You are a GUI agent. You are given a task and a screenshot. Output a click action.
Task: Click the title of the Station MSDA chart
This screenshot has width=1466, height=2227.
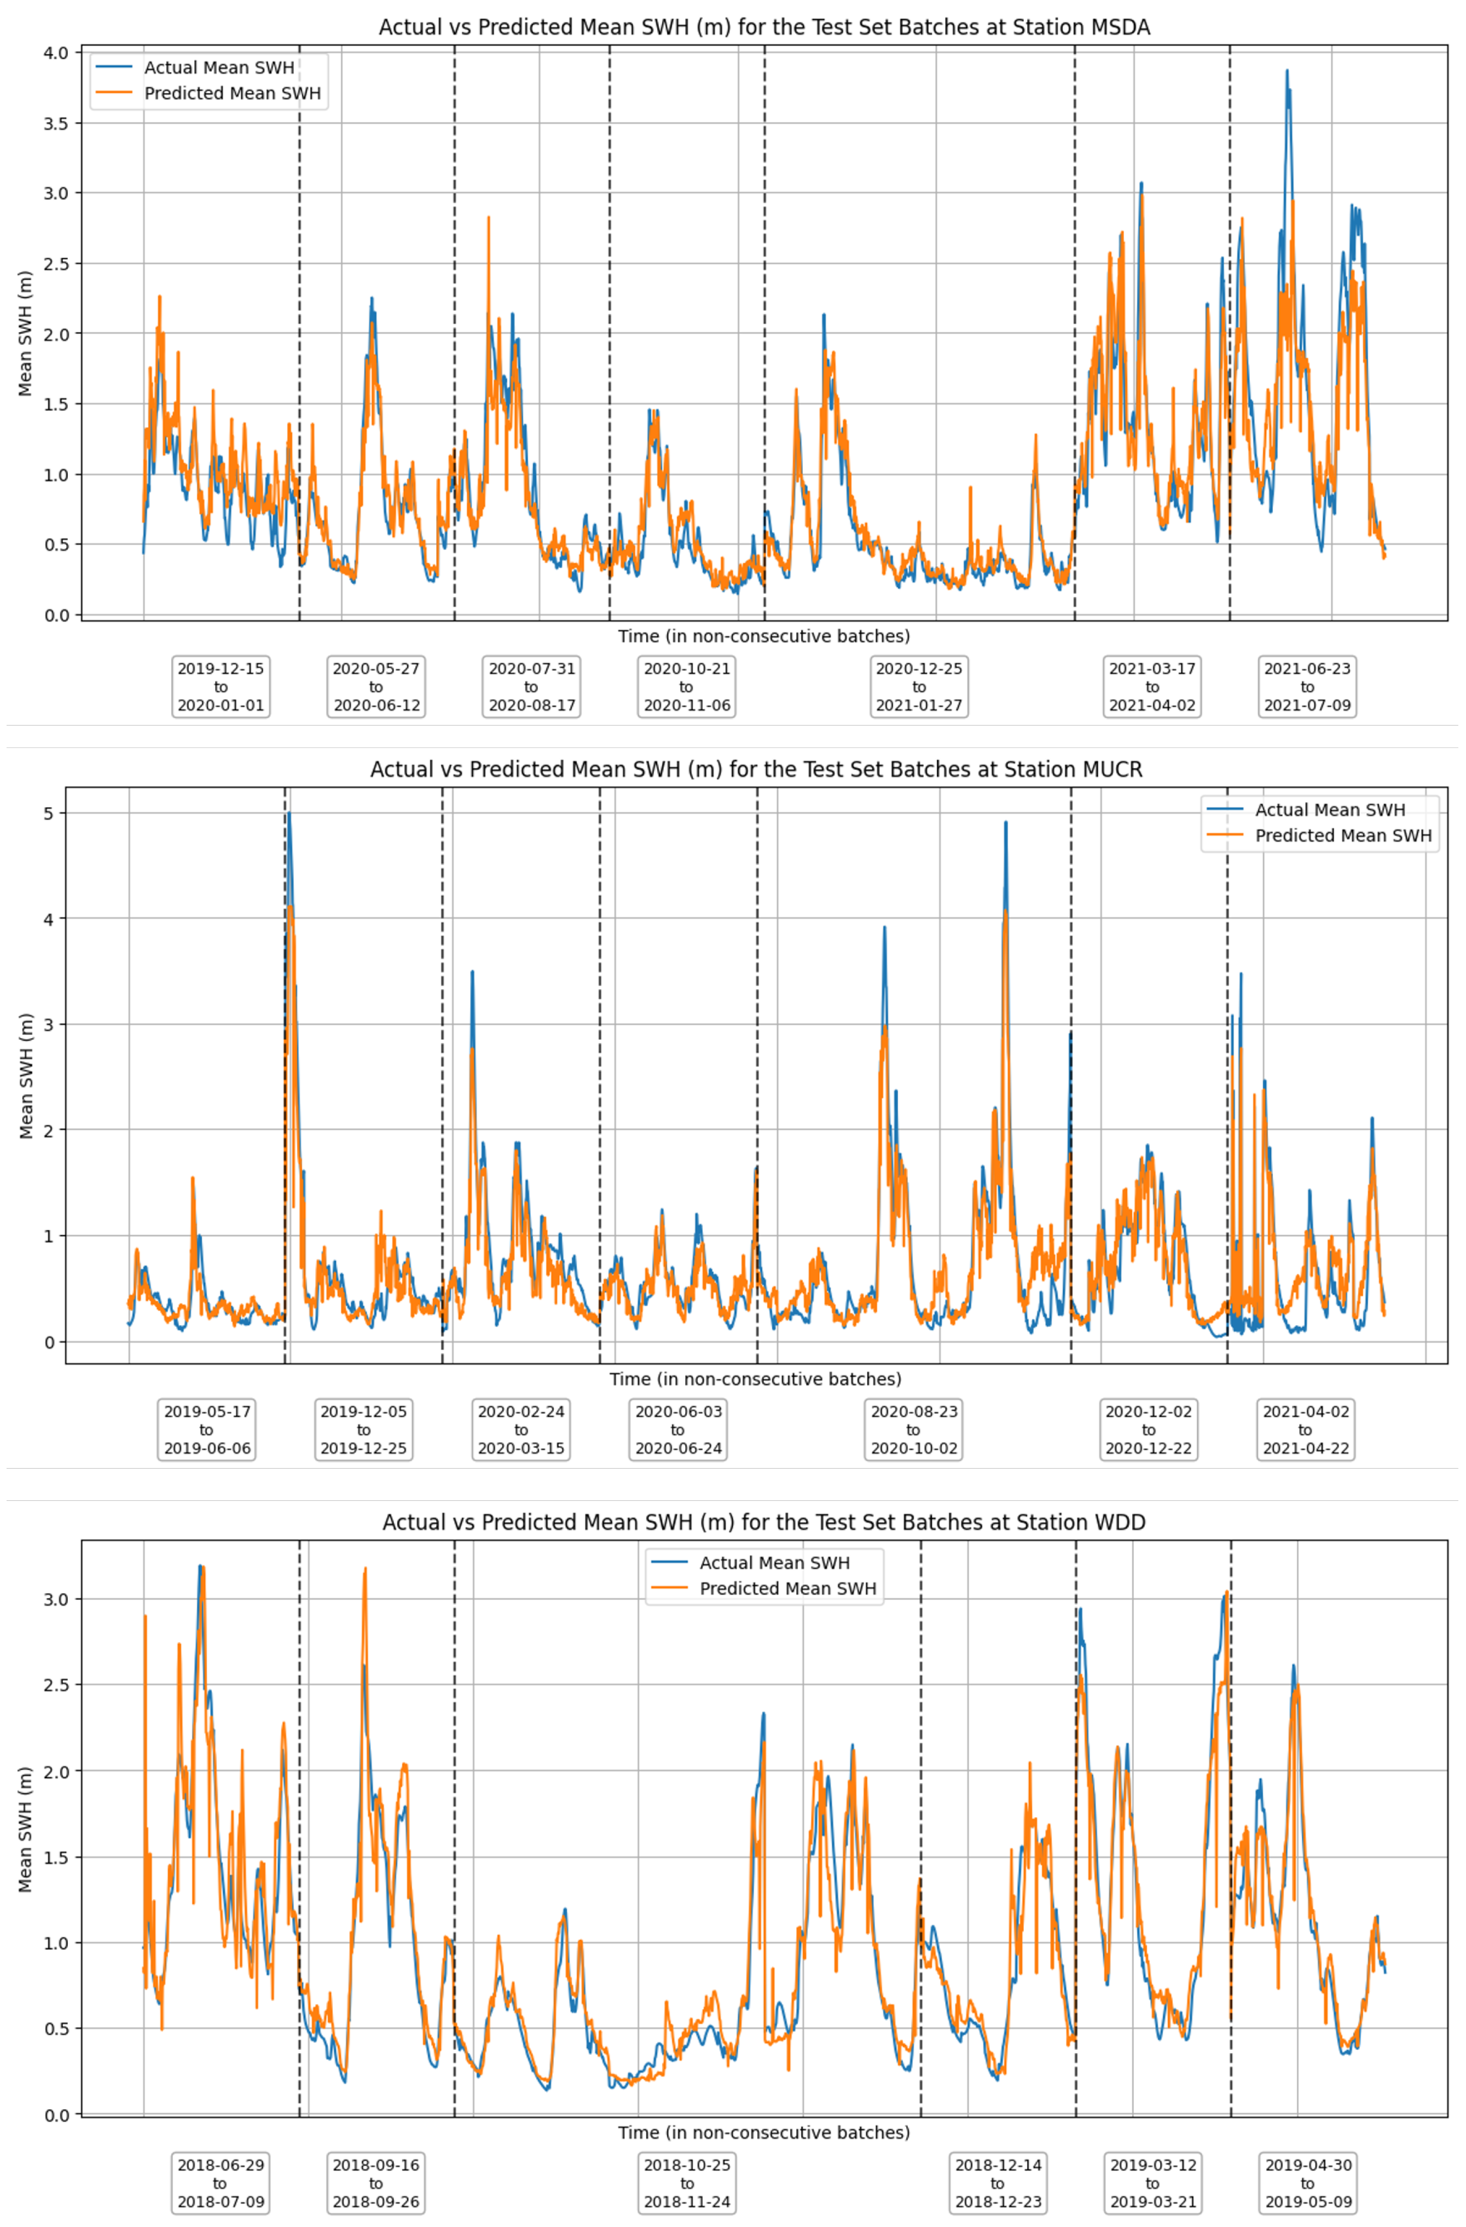click(763, 27)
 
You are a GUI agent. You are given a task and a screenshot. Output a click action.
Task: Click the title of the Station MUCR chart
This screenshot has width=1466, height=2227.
click(756, 769)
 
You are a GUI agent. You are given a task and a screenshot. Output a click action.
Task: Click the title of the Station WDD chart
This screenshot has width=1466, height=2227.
click(763, 1522)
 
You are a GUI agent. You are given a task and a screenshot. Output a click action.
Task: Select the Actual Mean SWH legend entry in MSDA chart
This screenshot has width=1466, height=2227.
click(219, 67)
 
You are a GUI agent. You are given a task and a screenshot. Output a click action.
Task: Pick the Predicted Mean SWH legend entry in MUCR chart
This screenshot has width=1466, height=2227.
click(1342, 836)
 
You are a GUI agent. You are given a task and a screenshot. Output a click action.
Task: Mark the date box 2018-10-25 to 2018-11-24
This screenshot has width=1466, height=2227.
click(687, 2183)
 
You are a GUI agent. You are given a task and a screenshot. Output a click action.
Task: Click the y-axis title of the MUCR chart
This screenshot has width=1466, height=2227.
click(26, 1076)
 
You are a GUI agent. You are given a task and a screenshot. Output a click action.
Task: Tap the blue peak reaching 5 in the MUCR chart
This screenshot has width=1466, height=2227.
click(289, 815)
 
